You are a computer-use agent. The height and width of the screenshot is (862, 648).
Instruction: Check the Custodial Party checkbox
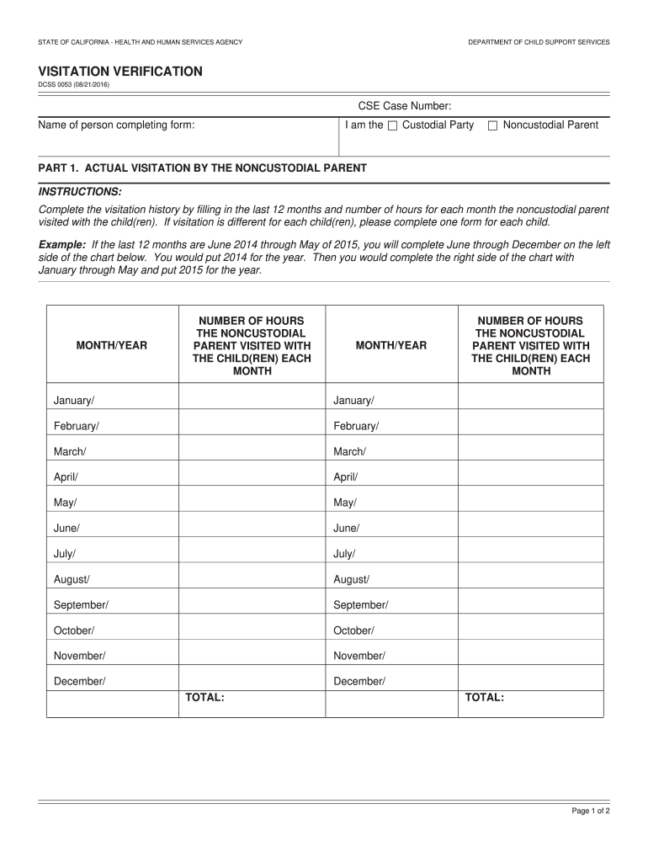pyautogui.click(x=392, y=126)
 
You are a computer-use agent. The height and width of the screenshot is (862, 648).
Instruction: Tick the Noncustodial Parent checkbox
pyautogui.click(x=493, y=126)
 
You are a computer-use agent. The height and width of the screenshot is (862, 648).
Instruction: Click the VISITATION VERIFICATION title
pyautogui.click(x=120, y=72)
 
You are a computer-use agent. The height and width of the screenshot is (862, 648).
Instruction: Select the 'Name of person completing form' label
pyautogui.click(x=116, y=125)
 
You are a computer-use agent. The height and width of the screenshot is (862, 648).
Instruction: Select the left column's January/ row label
pyautogui.click(x=74, y=400)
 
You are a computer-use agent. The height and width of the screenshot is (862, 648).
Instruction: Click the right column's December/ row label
pyautogui.click(x=359, y=681)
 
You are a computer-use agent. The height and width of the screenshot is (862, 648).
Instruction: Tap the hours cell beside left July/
pyautogui.click(x=252, y=553)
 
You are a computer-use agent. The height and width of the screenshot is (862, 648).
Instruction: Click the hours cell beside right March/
pyautogui.click(x=530, y=451)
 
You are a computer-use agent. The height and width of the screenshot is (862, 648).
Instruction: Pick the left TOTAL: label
pyautogui.click(x=204, y=697)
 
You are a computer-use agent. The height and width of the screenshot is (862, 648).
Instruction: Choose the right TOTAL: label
pyautogui.click(x=484, y=697)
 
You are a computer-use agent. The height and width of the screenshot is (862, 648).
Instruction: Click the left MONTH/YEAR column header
pyautogui.click(x=112, y=345)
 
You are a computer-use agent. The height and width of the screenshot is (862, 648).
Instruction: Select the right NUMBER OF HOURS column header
pyautogui.click(x=530, y=345)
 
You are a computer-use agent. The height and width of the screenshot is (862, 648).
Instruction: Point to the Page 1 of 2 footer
pyautogui.click(x=591, y=811)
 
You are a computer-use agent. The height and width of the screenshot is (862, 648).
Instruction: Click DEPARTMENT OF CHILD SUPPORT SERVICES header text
pyautogui.click(x=539, y=42)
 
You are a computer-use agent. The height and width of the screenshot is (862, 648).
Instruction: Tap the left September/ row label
pyautogui.click(x=81, y=604)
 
